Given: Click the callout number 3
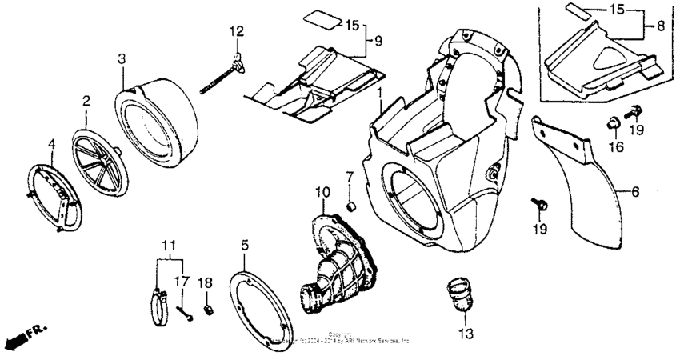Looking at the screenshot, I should pyautogui.click(x=121, y=58).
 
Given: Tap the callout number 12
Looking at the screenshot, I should pyautogui.click(x=236, y=32).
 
